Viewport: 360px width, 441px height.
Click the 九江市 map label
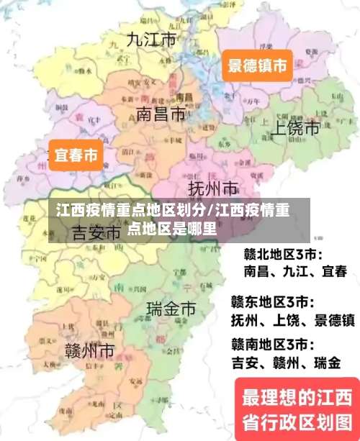pos(150,40)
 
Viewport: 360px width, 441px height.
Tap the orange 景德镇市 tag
pos(257,67)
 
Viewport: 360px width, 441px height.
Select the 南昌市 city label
pos(160,114)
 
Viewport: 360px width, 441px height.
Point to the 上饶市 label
pos(294,128)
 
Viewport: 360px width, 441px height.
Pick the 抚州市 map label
pos(213,189)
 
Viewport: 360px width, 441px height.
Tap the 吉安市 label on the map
pos(96,232)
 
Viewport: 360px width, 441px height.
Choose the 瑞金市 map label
pos(171,309)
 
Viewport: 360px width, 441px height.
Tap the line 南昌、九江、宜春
pos(295,272)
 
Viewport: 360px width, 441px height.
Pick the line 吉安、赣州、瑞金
pos(286,363)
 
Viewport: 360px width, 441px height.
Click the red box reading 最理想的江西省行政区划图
pos(296,408)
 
